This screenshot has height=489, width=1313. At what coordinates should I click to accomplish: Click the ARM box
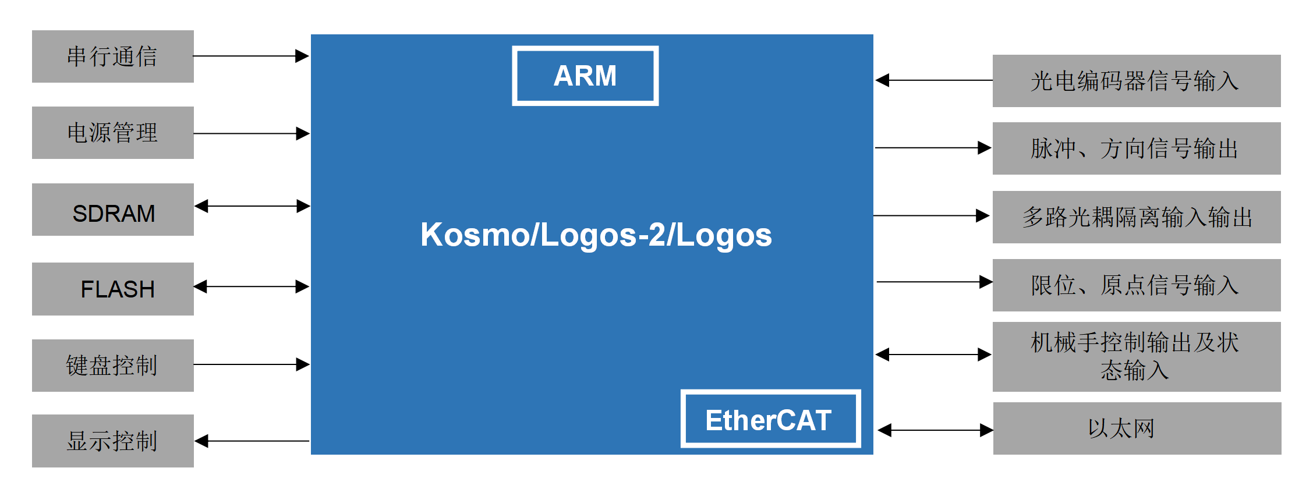pyautogui.click(x=585, y=76)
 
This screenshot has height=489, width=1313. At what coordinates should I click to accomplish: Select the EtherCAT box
pyautogui.click(x=770, y=419)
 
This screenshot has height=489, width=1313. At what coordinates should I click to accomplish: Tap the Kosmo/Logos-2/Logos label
pyautogui.click(x=596, y=235)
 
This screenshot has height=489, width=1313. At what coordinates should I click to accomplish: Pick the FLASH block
pyautogui.click(x=113, y=289)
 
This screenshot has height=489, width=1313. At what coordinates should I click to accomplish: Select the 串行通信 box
pyautogui.click(x=113, y=56)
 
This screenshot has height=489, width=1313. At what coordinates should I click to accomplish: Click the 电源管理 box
pyautogui.click(x=113, y=133)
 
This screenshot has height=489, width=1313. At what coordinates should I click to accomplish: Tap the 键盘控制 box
pyautogui.click(x=113, y=366)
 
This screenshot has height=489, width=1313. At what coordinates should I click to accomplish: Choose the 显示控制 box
pyautogui.click(x=113, y=441)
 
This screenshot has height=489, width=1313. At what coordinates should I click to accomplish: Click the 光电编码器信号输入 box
pyautogui.click(x=1136, y=81)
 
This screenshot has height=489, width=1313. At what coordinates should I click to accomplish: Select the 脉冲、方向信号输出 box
pyautogui.click(x=1136, y=148)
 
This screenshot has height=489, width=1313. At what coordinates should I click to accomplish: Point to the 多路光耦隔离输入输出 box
pyautogui.click(x=1136, y=217)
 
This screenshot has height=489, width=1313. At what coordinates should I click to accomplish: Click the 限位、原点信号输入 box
pyautogui.click(x=1136, y=285)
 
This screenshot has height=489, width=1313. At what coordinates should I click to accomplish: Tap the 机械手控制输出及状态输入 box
pyautogui.click(x=1136, y=356)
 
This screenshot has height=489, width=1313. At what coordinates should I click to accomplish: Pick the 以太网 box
pyautogui.click(x=1137, y=428)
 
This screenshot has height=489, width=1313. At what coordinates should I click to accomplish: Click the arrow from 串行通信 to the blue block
pyautogui.click(x=251, y=56)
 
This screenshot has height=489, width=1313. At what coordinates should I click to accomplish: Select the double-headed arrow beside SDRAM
pyautogui.click(x=252, y=206)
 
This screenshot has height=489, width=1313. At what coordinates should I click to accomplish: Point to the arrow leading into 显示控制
pyautogui.click(x=252, y=441)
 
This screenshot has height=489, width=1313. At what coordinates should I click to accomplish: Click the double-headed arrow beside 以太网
pyautogui.click(x=935, y=430)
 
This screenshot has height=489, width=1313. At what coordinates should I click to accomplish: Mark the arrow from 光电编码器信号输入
pyautogui.click(x=934, y=80)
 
